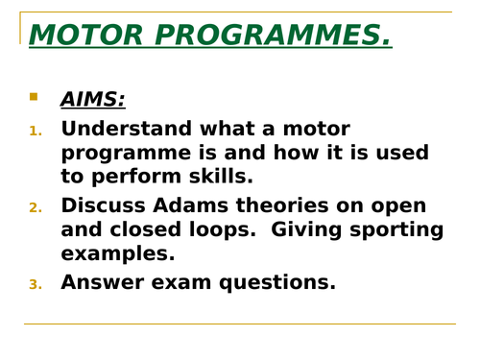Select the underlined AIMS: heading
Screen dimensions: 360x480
(92, 99)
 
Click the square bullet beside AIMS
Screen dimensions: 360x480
(34, 96)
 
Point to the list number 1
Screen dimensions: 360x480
(36, 131)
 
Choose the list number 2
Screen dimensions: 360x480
(36, 208)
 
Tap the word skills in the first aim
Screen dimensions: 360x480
(220, 178)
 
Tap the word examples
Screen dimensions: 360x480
(118, 255)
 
